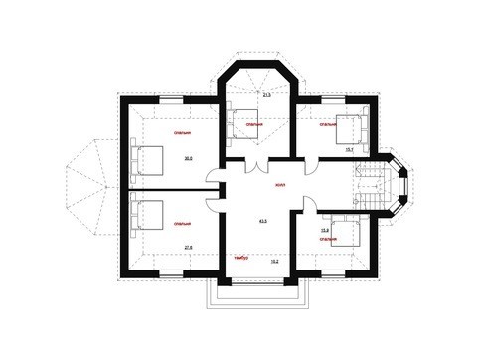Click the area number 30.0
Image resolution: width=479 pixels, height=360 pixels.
pyautogui.click(x=187, y=158)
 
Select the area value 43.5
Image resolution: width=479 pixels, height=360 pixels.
pyautogui.click(x=263, y=221)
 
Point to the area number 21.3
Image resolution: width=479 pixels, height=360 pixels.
pyautogui.click(x=266, y=95)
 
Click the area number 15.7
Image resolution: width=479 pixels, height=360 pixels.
pyautogui.click(x=349, y=150)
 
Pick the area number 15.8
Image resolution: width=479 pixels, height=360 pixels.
pyautogui.click(x=324, y=231)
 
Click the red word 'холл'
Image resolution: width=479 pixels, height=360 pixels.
pyautogui.click(x=281, y=186)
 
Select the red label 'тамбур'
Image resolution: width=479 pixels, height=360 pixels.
pyautogui.click(x=240, y=259)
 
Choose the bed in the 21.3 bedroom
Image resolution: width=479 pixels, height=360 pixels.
pyautogui.click(x=241, y=125)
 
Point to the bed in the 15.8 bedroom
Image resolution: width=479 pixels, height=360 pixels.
pyautogui.click(x=345, y=233)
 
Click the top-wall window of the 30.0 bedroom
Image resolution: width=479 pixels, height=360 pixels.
pyautogui.click(x=171, y=99)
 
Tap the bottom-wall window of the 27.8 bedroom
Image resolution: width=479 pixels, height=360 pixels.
pyautogui.click(x=171, y=272)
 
